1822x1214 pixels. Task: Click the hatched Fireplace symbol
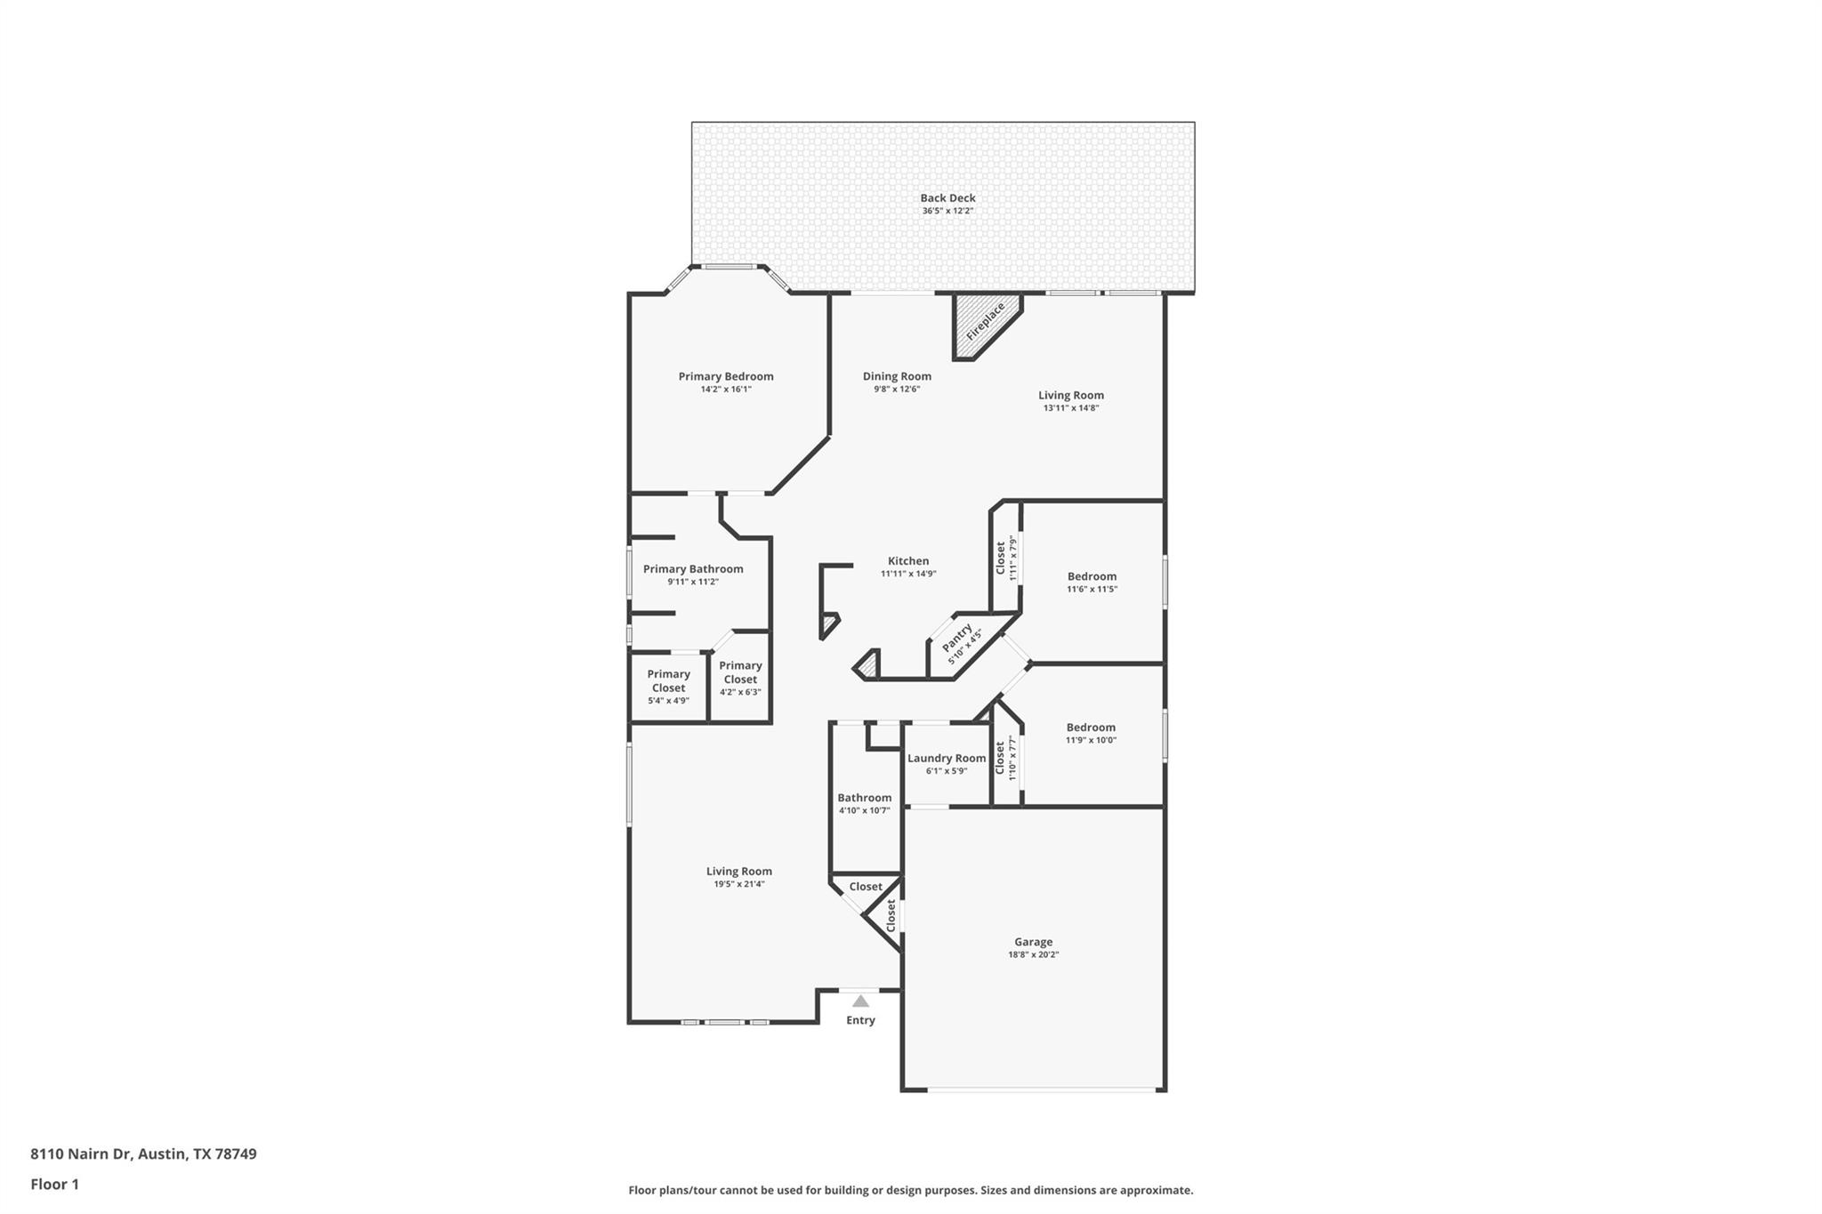click(983, 323)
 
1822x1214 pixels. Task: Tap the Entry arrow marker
click(860, 1001)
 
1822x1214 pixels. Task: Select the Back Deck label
click(947, 198)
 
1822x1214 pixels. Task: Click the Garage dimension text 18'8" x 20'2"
click(1033, 955)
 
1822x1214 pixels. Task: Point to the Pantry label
click(957, 637)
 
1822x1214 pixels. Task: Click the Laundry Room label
click(947, 759)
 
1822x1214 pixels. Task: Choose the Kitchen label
click(908, 561)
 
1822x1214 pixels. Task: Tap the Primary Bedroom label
click(726, 376)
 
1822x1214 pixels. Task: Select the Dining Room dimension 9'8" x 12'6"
click(896, 390)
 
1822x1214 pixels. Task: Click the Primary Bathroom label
click(693, 569)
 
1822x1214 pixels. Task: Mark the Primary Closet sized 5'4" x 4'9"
click(668, 687)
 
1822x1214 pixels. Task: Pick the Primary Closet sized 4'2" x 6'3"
click(740, 678)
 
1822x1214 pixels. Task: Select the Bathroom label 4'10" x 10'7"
click(864, 798)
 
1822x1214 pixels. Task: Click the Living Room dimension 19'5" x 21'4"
click(738, 885)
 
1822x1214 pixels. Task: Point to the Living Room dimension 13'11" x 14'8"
click(1071, 408)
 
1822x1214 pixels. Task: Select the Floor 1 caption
click(55, 1185)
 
